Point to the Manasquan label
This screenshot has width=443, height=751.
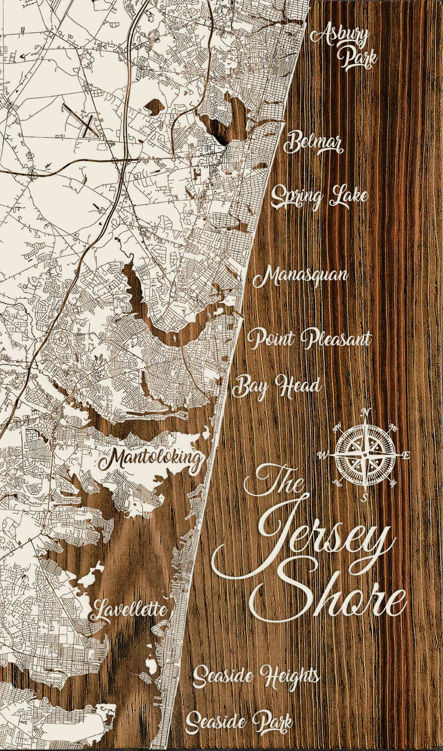301,276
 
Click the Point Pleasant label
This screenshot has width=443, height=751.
309,339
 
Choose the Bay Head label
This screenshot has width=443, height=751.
276,386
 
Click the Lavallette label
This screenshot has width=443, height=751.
129,611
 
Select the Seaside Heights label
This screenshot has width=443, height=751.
255,676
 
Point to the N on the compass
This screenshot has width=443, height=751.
365,412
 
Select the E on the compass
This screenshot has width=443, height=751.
406,456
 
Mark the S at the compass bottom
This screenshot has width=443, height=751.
365,498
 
